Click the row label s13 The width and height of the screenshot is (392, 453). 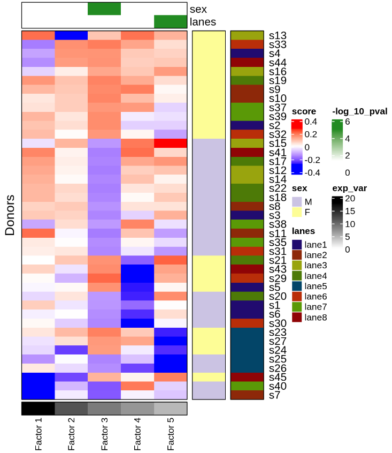(278, 35)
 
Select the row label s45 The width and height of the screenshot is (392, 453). (278, 377)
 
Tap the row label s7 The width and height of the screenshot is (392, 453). (275, 395)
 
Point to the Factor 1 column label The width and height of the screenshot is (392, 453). (38, 434)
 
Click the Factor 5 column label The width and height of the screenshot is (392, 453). (171, 434)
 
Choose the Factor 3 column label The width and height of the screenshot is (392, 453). (104, 434)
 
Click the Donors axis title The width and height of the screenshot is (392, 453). (10, 215)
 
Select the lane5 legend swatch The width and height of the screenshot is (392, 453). (297, 286)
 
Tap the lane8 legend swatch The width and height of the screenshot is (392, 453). (297, 317)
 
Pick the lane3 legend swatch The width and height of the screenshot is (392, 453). (297, 265)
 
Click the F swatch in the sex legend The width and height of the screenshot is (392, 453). (297, 212)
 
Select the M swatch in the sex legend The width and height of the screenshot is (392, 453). (297, 201)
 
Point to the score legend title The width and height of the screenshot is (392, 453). (304, 111)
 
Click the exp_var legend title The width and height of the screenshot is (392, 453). (350, 188)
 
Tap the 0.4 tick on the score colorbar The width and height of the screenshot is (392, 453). (311, 122)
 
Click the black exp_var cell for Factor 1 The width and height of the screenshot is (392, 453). (38, 409)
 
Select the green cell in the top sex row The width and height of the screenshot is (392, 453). (104, 9)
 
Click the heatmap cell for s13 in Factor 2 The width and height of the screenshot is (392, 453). (71, 35)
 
